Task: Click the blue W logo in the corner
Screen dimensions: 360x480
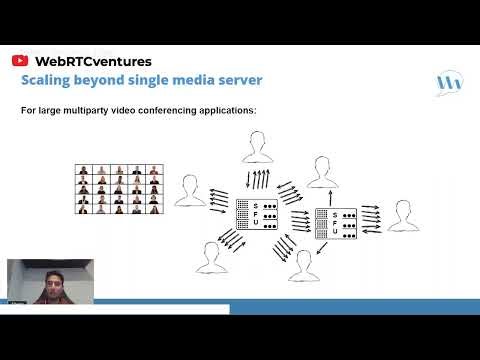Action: [x=449, y=83]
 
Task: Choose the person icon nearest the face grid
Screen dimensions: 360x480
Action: [x=190, y=192]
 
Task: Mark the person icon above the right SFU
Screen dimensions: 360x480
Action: [x=321, y=172]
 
